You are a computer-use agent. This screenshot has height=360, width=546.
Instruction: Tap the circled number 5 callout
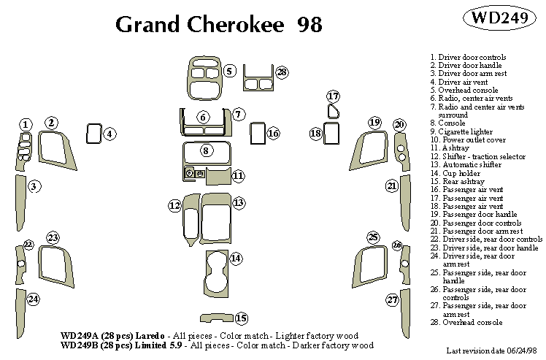click(x=229, y=71)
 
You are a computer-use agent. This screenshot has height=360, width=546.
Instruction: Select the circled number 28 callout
click(x=282, y=72)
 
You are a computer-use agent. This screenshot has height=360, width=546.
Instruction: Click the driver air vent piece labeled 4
click(x=93, y=133)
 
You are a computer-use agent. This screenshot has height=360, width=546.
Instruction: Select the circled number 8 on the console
click(x=206, y=150)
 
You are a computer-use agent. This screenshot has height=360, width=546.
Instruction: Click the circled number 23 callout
click(x=53, y=237)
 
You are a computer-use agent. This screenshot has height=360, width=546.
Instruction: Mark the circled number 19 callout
click(x=374, y=122)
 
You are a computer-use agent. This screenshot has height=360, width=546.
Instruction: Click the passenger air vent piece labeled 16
click(x=256, y=133)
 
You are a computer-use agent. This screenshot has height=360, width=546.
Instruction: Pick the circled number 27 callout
click(x=393, y=300)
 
